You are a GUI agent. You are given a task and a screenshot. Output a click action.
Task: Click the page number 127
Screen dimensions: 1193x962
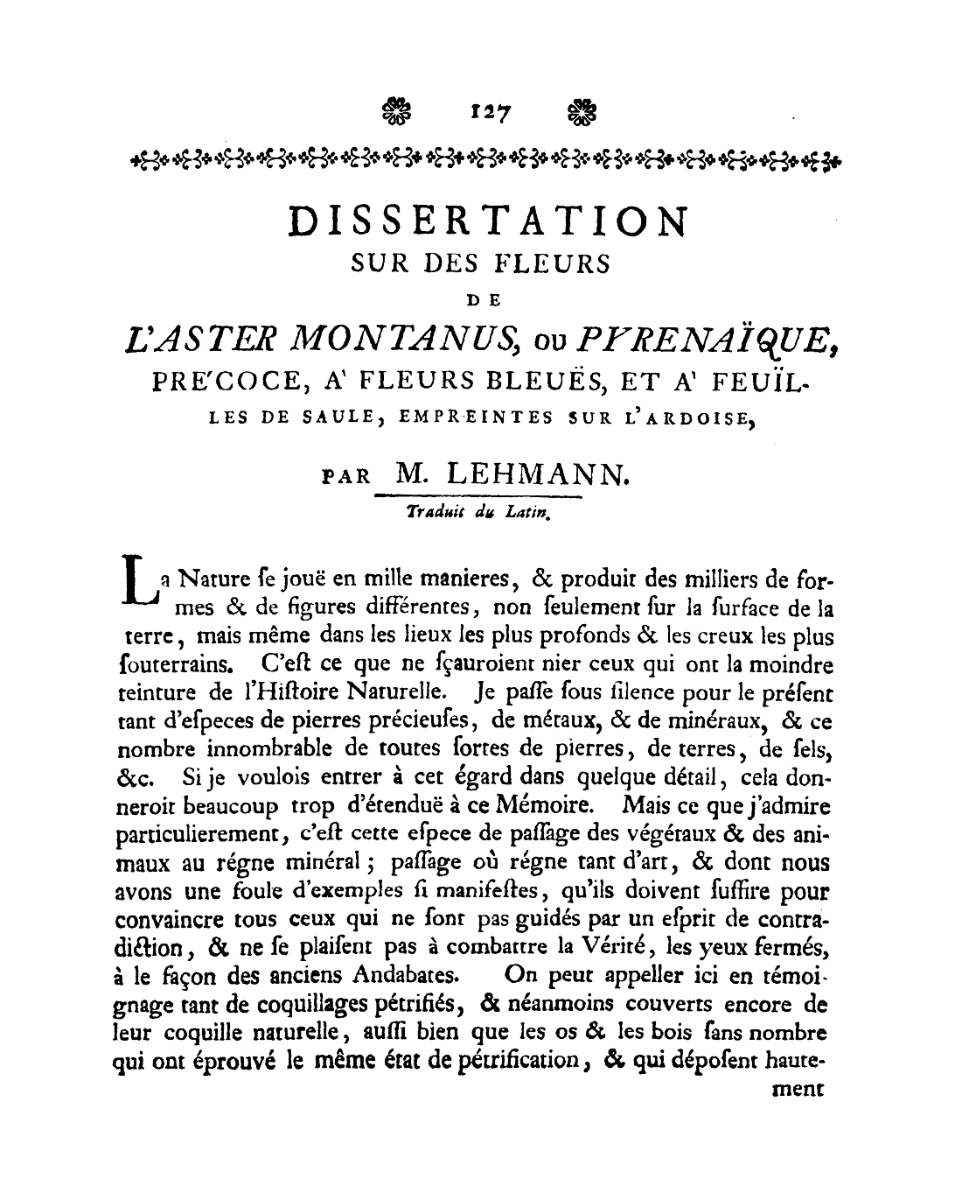coord(490,111)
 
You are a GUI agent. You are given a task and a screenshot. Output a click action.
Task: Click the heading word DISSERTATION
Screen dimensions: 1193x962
coord(488,221)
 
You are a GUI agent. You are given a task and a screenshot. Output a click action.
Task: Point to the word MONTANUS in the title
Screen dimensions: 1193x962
coord(393,339)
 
